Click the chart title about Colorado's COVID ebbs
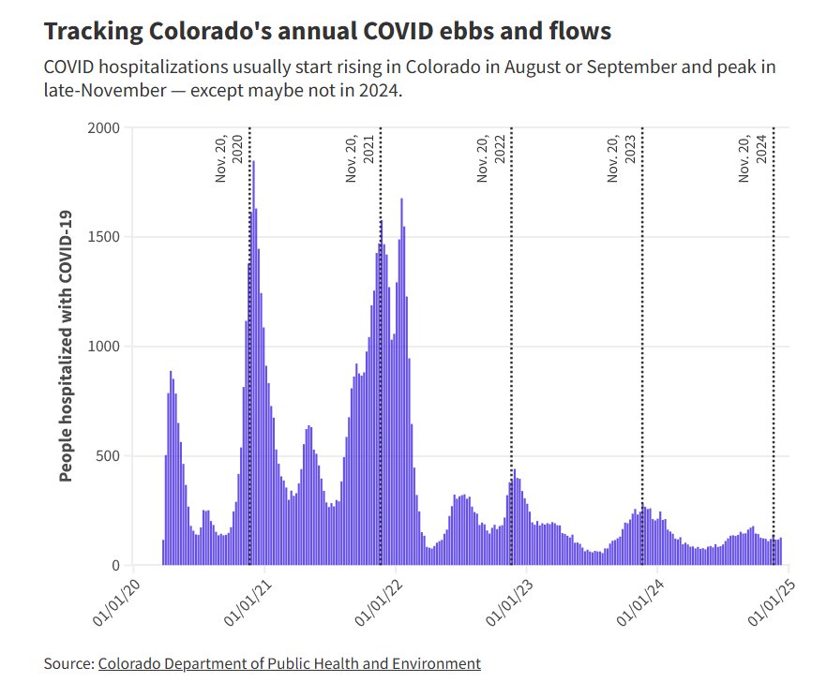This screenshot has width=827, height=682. tap(327, 31)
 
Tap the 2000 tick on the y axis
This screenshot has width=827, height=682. tap(103, 127)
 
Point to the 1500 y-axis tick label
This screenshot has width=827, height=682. tap(103, 237)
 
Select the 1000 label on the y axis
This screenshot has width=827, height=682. tap(103, 347)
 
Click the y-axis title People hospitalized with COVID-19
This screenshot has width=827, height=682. tap(66, 347)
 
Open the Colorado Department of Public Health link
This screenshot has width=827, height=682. tap(289, 663)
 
